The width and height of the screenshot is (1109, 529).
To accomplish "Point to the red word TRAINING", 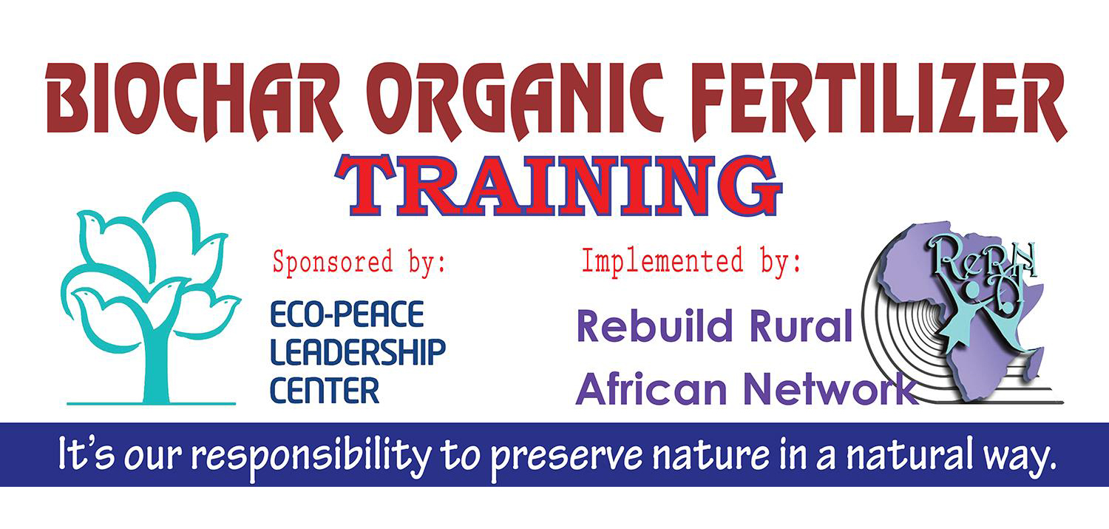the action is click(558, 185).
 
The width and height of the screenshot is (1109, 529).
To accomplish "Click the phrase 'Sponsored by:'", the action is click(359, 263).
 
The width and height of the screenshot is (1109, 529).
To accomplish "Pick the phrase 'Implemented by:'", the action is click(691, 261).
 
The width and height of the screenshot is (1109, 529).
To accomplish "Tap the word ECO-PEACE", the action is click(347, 314).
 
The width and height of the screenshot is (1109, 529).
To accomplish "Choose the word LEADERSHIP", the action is click(358, 352).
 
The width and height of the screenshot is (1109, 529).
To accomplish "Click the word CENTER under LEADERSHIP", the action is click(325, 391).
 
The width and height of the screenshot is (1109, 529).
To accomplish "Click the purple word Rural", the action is click(801, 326).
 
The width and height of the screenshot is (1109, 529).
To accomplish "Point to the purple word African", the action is click(651, 389).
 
